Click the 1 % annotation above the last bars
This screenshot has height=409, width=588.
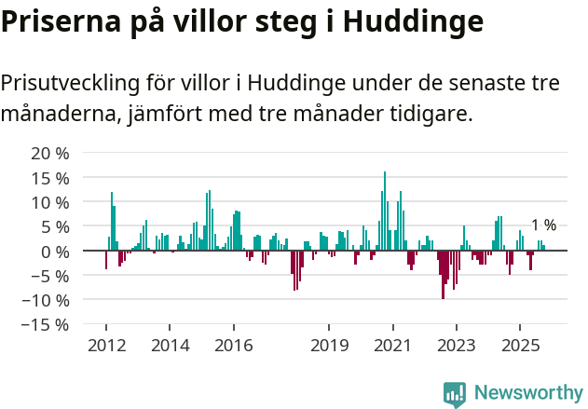pos(543,225)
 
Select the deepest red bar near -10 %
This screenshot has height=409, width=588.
pos(443,275)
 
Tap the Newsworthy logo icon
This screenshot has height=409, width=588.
pos(455,393)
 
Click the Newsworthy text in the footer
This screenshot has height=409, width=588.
pos(528,393)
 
